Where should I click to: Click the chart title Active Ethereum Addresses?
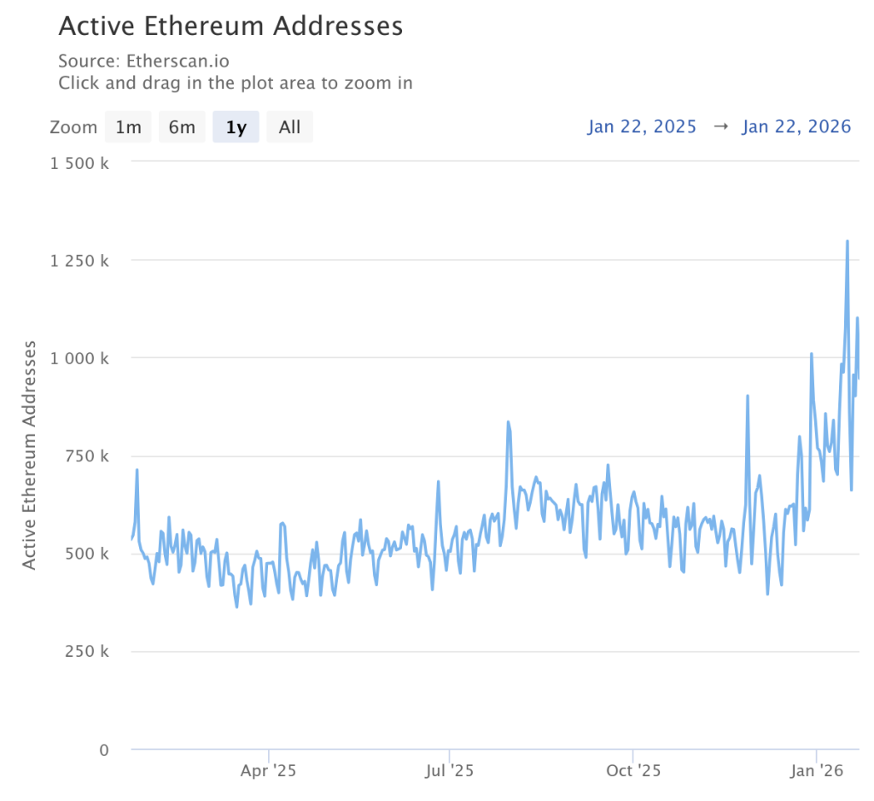[x=230, y=26]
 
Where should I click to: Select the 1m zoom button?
[x=128, y=127]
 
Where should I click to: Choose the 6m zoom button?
[x=182, y=127]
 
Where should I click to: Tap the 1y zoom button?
[x=236, y=127]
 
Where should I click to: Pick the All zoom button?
[x=289, y=127]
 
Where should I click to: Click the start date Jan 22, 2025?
[x=642, y=127]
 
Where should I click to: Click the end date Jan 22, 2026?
[x=796, y=127]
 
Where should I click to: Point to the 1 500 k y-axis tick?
[x=79, y=163]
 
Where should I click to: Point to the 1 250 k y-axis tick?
[x=79, y=260]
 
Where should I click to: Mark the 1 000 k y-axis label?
[x=79, y=358]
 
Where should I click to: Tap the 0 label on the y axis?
[x=103, y=750]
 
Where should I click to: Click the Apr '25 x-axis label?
[x=268, y=771]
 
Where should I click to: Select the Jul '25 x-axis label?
[x=449, y=771]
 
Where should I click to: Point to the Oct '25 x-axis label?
[x=632, y=771]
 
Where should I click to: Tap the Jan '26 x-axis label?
[x=817, y=771]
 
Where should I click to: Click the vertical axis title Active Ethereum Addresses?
[x=30, y=455]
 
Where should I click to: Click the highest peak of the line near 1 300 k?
[x=847, y=241]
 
